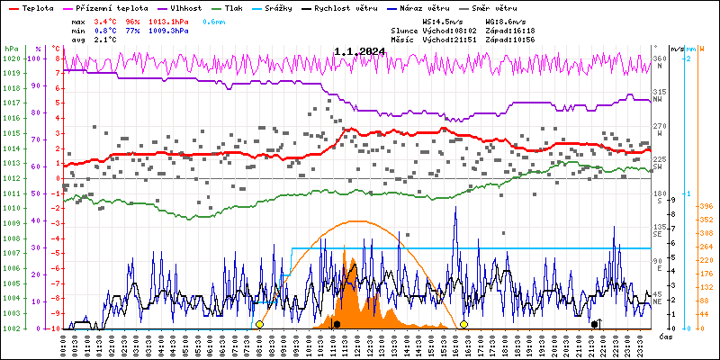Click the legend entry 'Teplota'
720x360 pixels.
click(x=37, y=6)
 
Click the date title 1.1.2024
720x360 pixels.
click(x=359, y=52)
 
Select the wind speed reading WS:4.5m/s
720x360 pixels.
click(x=442, y=20)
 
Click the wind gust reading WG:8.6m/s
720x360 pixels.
click(x=505, y=20)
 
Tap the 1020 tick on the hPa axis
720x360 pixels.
click(x=11, y=58)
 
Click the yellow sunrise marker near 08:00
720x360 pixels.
click(x=259, y=324)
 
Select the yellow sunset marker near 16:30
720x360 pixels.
click(x=463, y=324)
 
